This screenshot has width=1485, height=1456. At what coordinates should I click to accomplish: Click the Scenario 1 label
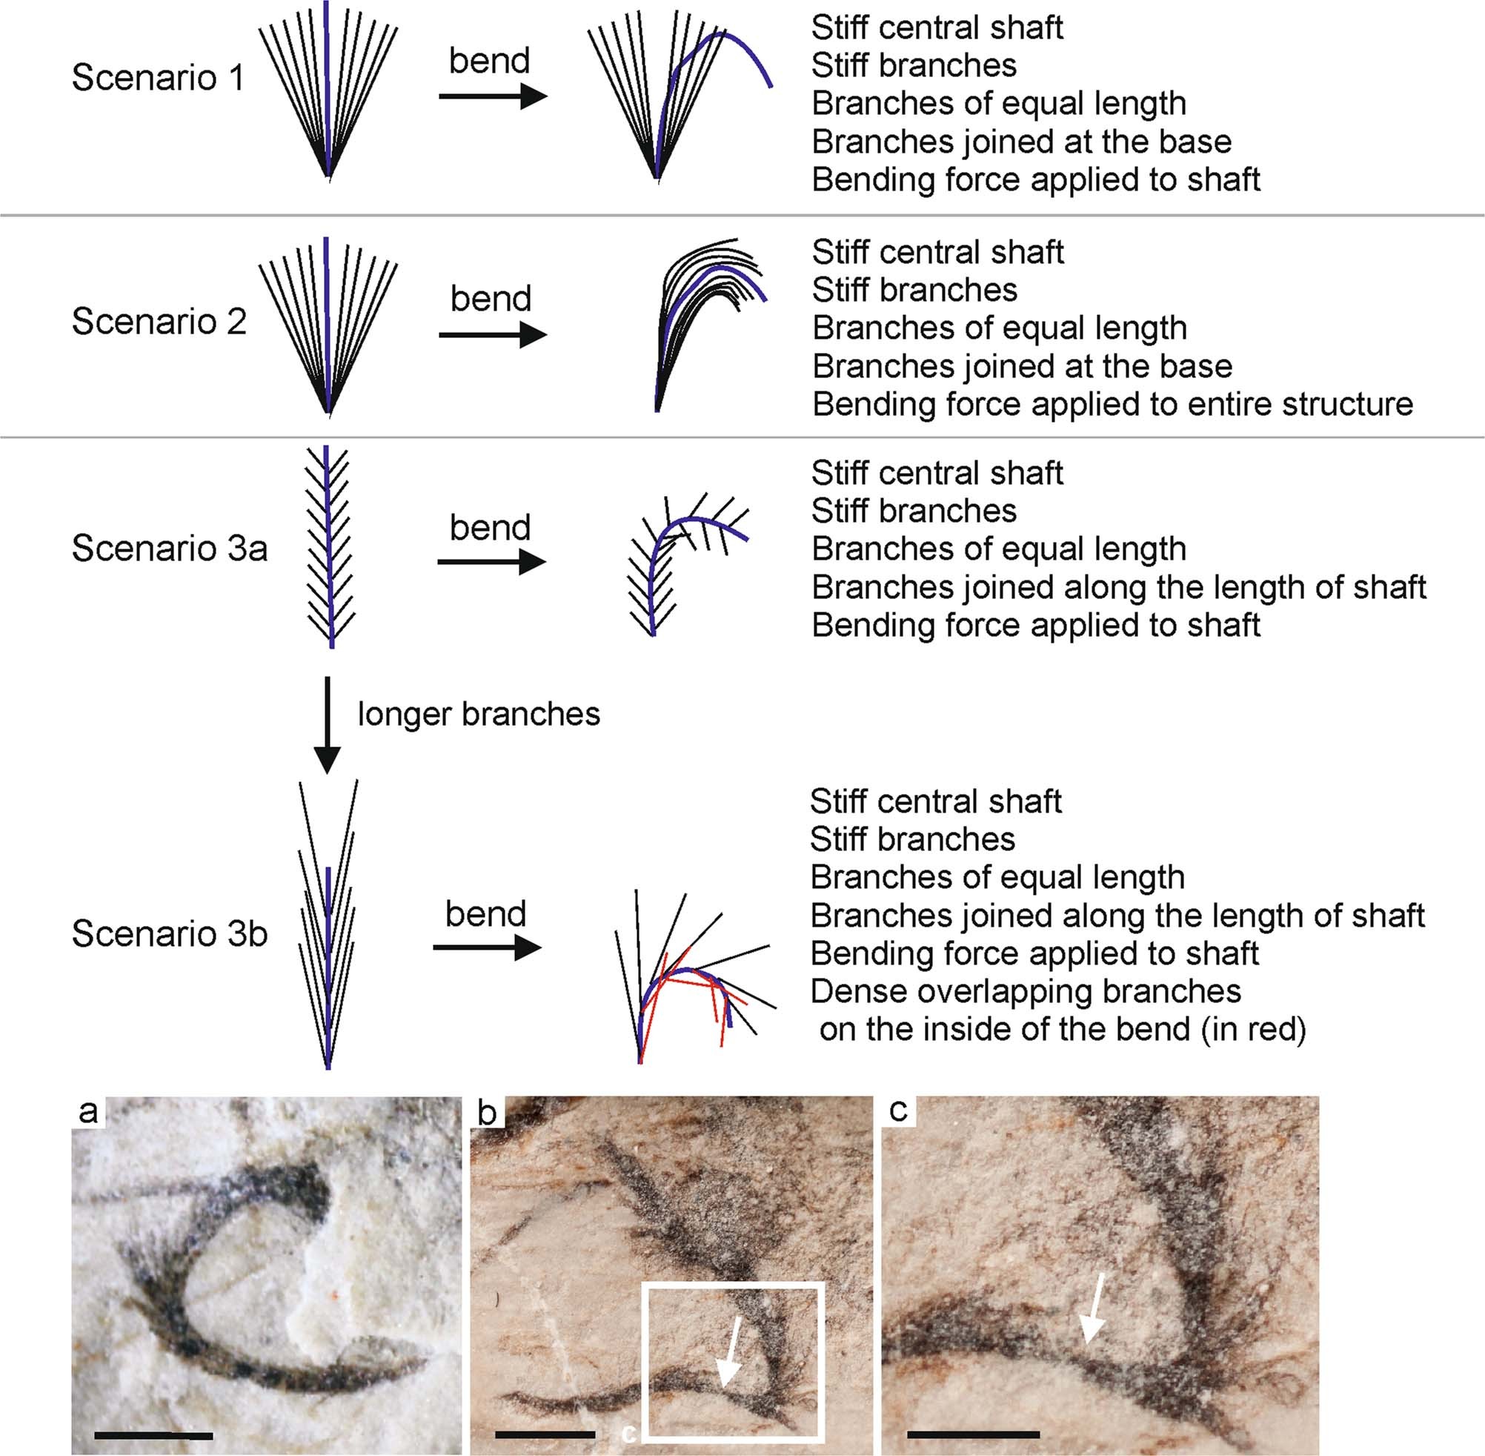coord(157,78)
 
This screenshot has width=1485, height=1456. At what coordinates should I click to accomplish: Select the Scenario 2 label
coord(159,322)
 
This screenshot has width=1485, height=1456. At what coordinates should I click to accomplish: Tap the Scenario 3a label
coord(170,549)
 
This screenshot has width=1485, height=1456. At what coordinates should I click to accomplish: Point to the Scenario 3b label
coord(170,933)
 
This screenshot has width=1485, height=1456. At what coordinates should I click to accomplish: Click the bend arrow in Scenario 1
coord(493,96)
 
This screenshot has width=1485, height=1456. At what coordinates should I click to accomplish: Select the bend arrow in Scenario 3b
coord(487,948)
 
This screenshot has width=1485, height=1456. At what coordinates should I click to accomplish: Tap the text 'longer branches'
coord(479,714)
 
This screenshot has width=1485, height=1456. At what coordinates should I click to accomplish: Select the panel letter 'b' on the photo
coord(487,1113)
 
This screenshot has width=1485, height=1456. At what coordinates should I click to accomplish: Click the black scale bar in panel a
coord(153,1435)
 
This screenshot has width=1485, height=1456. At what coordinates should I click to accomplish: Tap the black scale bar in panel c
coord(972,1434)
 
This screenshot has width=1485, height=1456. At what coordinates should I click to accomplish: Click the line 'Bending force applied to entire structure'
coord(1112,405)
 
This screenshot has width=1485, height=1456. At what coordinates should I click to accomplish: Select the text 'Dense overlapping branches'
coord(1025,991)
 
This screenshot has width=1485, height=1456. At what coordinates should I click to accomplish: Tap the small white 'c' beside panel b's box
coord(628,1434)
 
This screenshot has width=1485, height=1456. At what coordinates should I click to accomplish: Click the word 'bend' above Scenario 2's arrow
coord(491,298)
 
